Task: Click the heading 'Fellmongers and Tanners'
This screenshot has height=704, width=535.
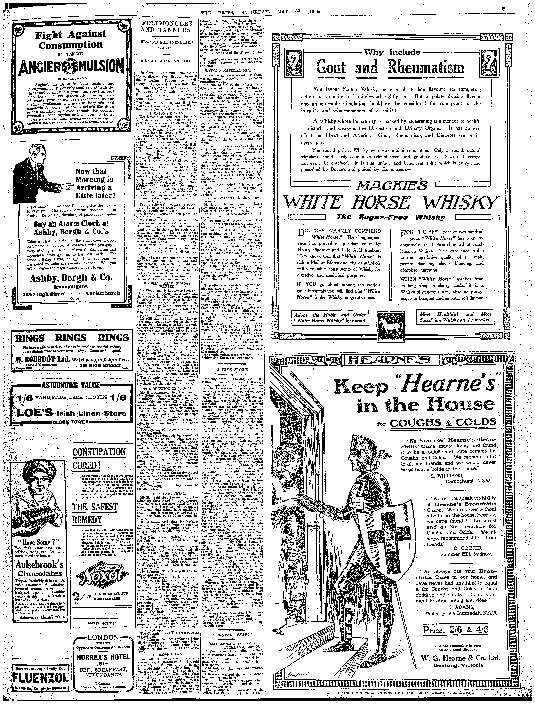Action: pyautogui.click(x=167, y=27)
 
